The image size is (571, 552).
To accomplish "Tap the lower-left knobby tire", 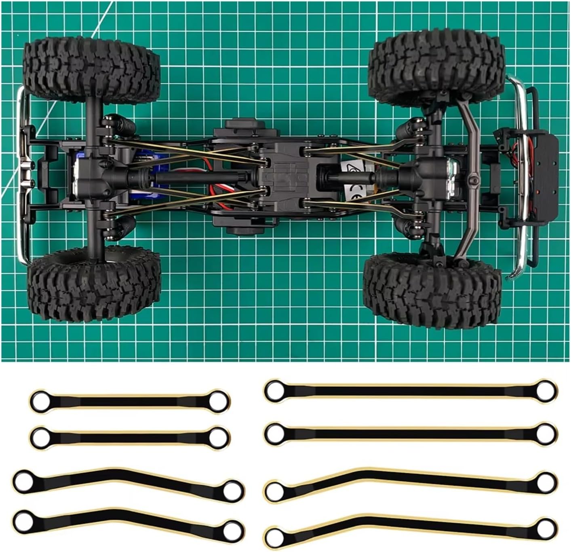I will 95,285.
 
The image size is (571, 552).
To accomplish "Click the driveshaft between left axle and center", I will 186,177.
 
